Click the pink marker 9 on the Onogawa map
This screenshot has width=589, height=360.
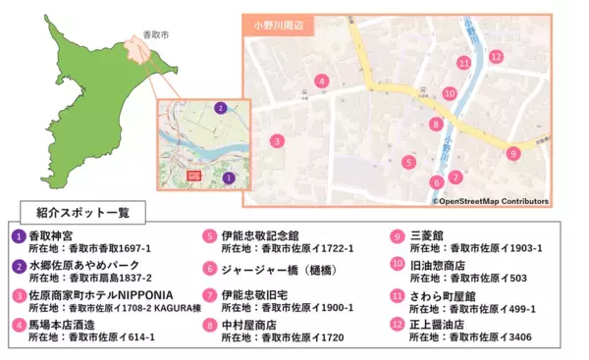pos(512,153)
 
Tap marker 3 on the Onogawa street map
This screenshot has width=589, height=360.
pos(278,141)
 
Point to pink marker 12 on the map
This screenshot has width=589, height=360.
pos(497,56)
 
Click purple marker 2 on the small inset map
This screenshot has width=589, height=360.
pos(221,108)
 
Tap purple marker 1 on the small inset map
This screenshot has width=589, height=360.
pos(228,178)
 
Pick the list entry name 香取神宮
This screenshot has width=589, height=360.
pos(57,236)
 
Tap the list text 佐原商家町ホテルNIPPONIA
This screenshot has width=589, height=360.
pos(100,295)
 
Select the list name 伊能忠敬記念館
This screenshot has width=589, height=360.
pos(260,236)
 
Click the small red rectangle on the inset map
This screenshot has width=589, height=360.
pos(193,176)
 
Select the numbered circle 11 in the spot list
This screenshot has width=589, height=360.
pos(397,295)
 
